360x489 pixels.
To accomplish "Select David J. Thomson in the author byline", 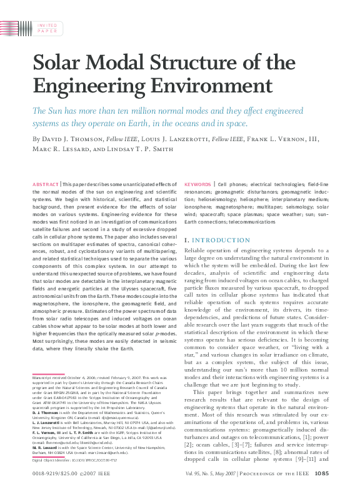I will click(x=73, y=138).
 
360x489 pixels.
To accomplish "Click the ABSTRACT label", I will click(x=44, y=185).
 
